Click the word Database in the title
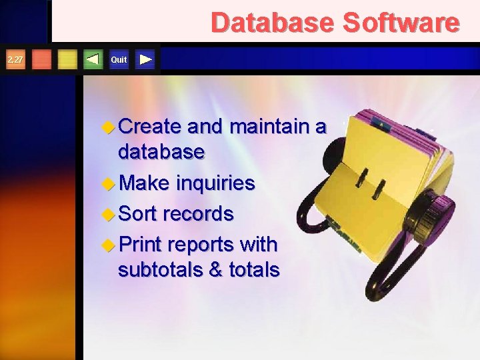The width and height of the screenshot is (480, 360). [x=273, y=23]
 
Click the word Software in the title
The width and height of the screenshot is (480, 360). [x=401, y=23]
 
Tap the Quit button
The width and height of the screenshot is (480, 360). [x=119, y=60]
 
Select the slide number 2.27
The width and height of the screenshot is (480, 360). [x=14, y=60]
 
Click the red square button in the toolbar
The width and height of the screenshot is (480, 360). [x=42, y=60]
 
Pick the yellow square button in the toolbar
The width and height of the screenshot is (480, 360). [x=67, y=60]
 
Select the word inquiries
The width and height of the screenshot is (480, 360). [x=215, y=183]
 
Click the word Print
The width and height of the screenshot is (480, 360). [x=140, y=245]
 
